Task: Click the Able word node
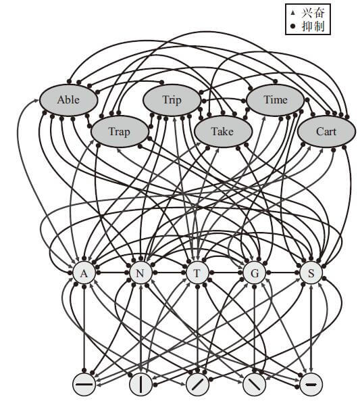pos(68,100)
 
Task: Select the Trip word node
pos(172,100)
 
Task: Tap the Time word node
pos(276,100)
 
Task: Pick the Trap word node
pos(120,131)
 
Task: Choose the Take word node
pos(223,131)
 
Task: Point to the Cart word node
pos(326,131)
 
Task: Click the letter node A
pos(84,273)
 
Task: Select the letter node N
pos(140,273)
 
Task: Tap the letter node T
pos(197,273)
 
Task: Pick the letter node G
pos(254,273)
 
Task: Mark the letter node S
pos(311,273)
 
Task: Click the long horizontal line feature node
pos(84,384)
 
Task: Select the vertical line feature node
pos(140,384)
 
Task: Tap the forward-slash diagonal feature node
pos(197,384)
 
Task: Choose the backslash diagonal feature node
pos(254,384)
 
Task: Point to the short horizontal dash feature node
pos(311,384)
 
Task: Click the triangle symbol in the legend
pos(293,13)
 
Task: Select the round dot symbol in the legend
pos(293,26)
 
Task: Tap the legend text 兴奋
pos(313,13)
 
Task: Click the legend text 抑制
pos(313,26)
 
